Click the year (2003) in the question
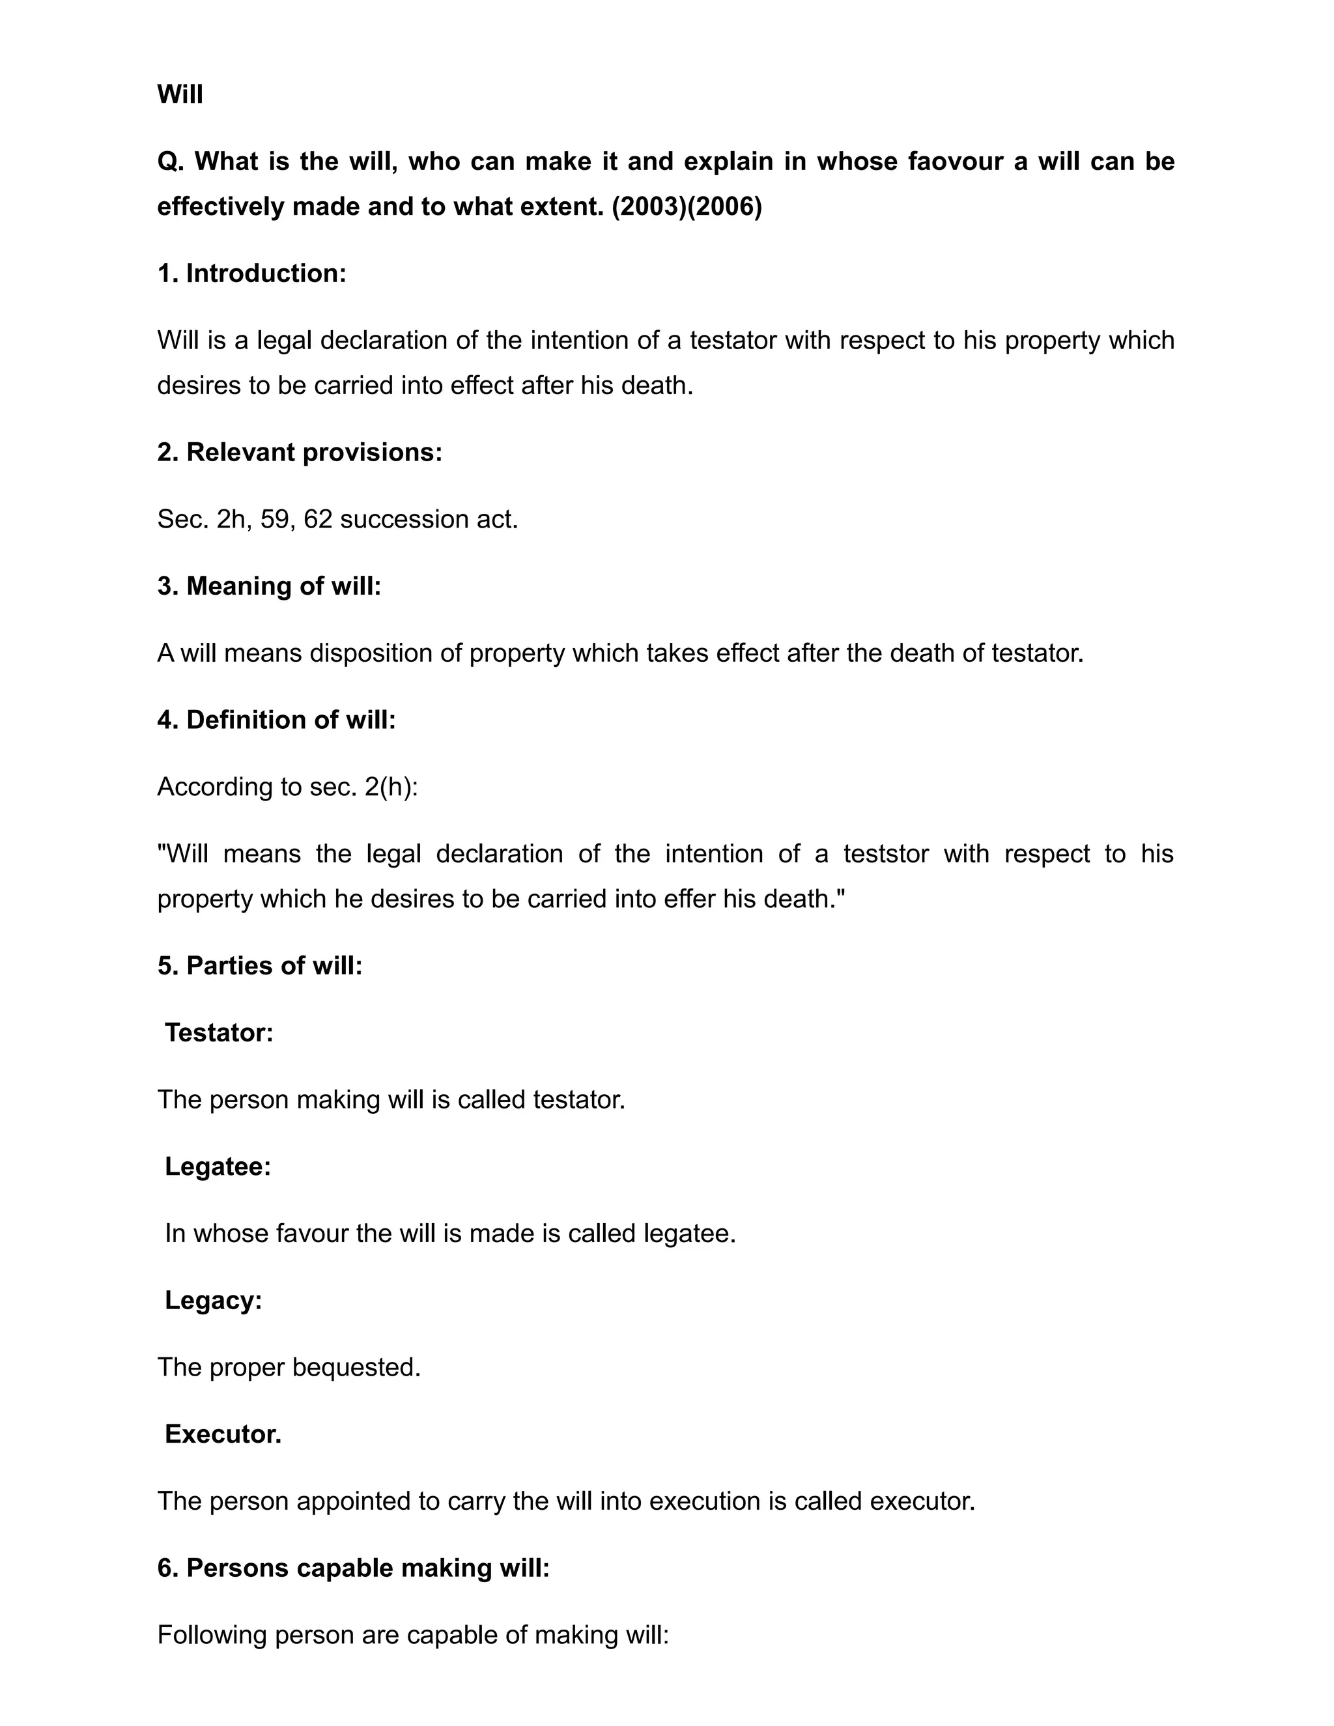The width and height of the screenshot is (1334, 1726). pos(648,207)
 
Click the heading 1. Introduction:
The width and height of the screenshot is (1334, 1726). pos(251,274)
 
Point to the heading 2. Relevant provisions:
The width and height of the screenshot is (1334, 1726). pos(300,452)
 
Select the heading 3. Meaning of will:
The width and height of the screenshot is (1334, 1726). pos(269,586)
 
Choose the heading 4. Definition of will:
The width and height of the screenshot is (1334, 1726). pos(276,720)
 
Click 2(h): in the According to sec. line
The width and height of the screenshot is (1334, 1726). pos(391,787)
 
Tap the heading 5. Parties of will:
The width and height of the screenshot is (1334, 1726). pos(259,966)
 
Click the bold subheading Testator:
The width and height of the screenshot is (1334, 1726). pos(219,1033)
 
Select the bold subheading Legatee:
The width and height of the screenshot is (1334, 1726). pos(218,1167)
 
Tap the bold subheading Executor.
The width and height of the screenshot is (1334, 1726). pos(223,1434)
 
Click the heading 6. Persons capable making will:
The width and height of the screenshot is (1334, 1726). pos(352,1568)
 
